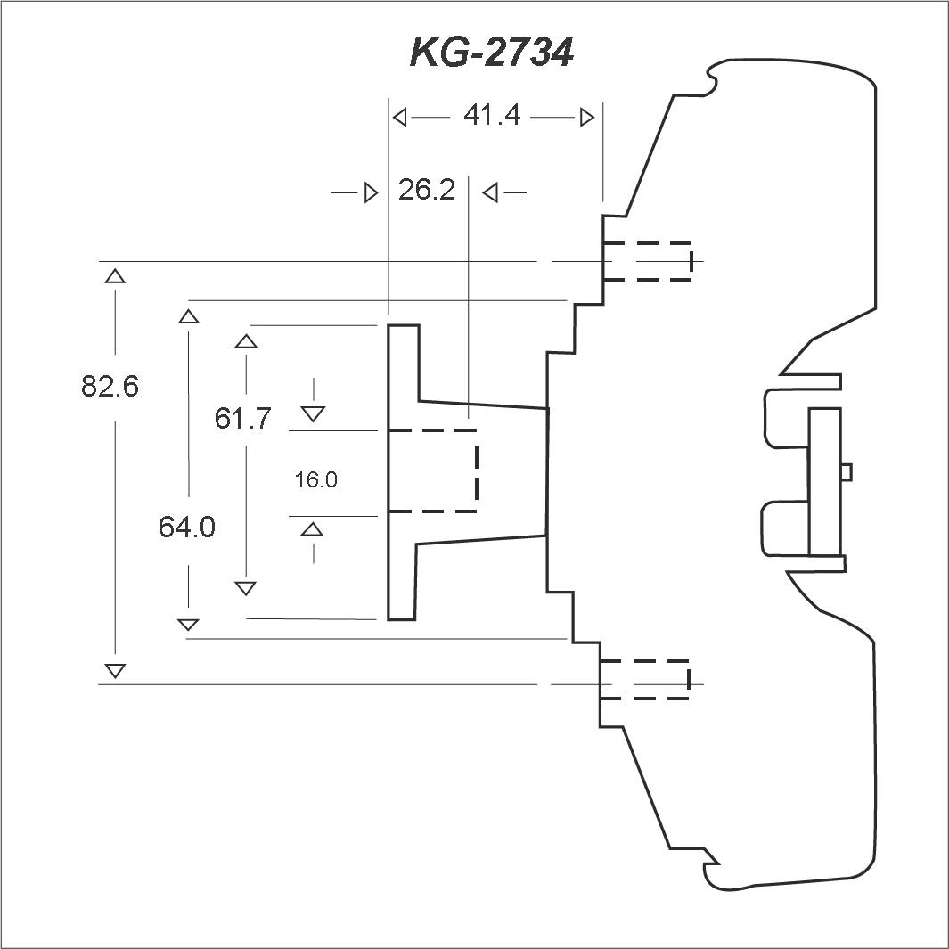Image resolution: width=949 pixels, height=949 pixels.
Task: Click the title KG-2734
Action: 492,52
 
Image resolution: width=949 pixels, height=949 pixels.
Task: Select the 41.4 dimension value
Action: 492,114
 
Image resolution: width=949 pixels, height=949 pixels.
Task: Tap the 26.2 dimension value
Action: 427,190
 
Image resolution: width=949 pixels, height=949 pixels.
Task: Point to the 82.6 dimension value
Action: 110,386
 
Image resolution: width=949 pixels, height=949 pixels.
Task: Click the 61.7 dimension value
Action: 242,418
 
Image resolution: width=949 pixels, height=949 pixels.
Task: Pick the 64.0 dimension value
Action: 187,528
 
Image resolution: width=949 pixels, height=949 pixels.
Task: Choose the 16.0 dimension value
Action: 316,480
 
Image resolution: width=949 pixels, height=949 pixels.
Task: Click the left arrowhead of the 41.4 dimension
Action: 399,118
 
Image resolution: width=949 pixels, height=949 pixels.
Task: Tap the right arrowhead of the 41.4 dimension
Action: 587,118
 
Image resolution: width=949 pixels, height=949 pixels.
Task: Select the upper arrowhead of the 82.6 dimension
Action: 115,276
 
